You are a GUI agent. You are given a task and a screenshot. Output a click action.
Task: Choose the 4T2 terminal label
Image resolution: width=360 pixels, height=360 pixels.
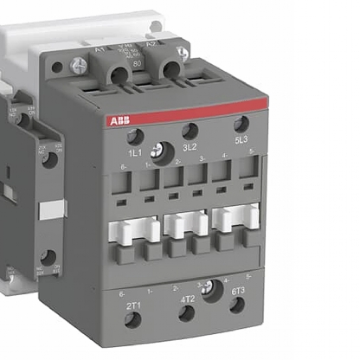pyautogui.click(x=187, y=299)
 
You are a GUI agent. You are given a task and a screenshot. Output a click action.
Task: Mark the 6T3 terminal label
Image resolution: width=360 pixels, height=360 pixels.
pyautogui.click(x=236, y=292)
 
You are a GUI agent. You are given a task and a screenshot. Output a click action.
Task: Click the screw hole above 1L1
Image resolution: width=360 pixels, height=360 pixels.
pyautogui.click(x=135, y=137)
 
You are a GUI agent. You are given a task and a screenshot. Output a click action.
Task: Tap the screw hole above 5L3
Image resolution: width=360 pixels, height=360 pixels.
pyautogui.click(x=241, y=124)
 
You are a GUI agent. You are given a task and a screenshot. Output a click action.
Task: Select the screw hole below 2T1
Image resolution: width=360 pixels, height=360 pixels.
pyautogui.click(x=133, y=321)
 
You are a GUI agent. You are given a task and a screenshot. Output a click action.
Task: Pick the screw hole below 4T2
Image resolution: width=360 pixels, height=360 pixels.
pyautogui.click(x=186, y=313)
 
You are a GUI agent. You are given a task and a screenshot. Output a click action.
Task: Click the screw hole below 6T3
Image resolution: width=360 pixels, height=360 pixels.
pyautogui.click(x=236, y=305)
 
